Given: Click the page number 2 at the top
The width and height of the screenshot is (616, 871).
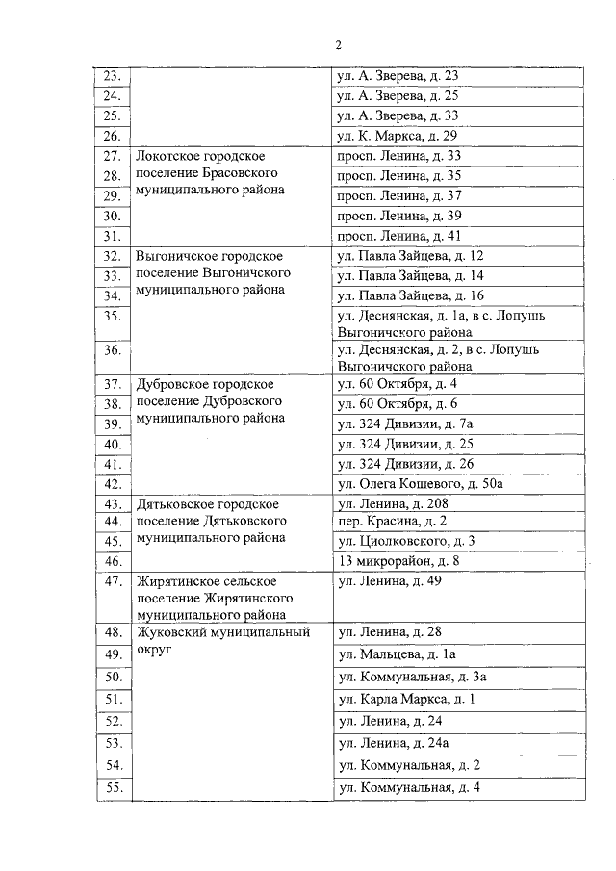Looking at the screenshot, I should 339,45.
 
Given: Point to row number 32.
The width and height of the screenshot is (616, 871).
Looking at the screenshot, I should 112,256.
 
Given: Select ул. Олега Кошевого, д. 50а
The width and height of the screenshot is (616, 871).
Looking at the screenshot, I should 420,484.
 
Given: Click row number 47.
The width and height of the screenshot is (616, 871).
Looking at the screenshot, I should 112,581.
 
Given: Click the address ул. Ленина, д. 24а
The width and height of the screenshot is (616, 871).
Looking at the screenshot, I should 394,742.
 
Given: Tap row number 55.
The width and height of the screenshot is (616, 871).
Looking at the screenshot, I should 112,788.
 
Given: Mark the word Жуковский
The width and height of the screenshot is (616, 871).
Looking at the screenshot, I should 171,632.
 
